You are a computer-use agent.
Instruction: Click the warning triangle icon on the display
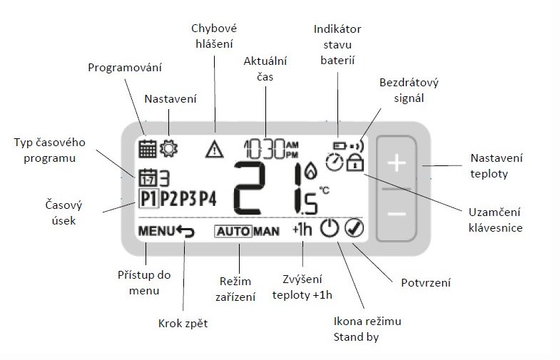click(215, 149)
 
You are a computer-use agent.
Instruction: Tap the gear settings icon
click(168, 148)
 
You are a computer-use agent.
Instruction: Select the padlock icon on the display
click(355, 163)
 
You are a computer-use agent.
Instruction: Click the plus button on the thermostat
click(397, 163)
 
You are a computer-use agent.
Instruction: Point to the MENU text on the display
click(156, 231)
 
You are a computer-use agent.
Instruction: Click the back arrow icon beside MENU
click(185, 231)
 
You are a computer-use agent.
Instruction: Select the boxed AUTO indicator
click(233, 232)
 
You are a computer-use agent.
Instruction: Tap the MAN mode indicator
click(266, 232)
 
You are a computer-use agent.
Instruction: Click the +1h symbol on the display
click(302, 230)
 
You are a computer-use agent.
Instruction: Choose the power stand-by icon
click(329, 228)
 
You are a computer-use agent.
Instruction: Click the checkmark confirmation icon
click(355, 228)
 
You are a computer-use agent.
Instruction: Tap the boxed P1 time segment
click(148, 199)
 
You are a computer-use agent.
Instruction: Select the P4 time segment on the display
click(208, 199)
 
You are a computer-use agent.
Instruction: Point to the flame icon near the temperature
click(310, 170)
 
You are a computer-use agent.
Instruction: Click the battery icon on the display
click(340, 145)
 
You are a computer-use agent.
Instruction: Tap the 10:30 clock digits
click(265, 149)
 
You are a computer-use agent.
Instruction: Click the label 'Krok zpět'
click(183, 324)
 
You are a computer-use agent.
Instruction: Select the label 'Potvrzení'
click(426, 283)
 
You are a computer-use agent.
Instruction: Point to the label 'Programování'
click(125, 68)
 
